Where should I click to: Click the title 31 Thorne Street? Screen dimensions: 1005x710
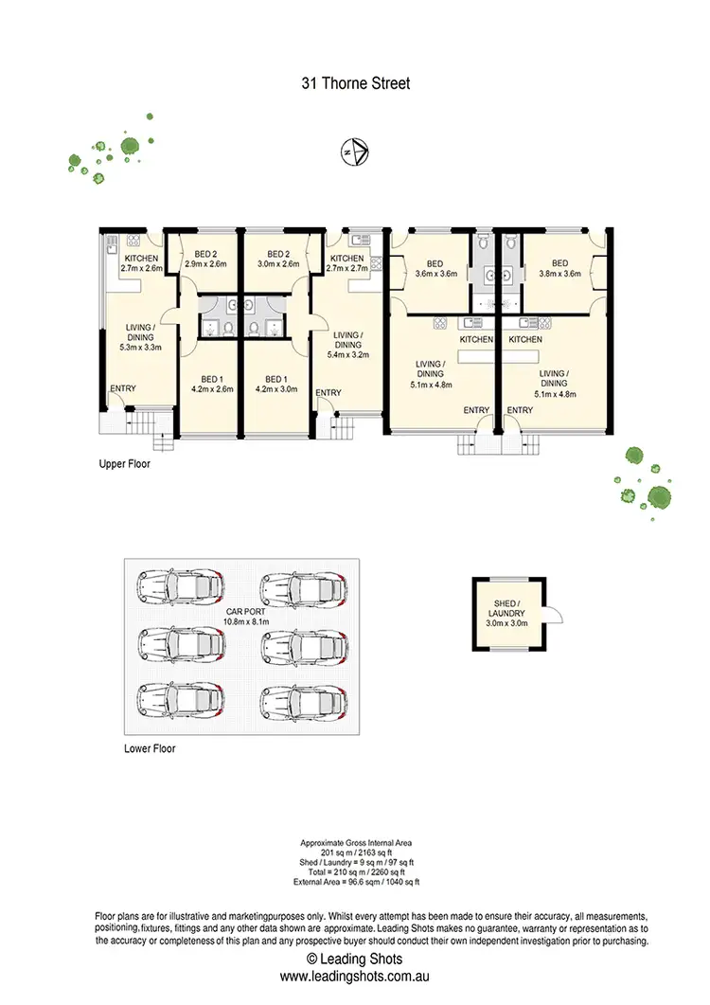[x=354, y=83]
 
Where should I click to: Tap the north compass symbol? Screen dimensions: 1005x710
[x=354, y=151]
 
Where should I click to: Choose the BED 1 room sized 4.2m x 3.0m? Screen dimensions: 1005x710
[x=276, y=383]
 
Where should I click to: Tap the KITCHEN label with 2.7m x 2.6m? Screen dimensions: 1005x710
[x=141, y=263]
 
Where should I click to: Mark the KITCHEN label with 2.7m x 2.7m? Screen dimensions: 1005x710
[x=346, y=263]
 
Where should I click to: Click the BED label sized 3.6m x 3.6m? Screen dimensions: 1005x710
[x=435, y=268]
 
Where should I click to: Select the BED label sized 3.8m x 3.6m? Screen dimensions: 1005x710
[x=559, y=268]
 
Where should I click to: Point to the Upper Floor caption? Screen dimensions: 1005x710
[x=124, y=465]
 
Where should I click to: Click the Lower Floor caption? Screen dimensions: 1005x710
[x=150, y=748]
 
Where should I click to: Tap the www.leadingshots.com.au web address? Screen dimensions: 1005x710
[x=355, y=975]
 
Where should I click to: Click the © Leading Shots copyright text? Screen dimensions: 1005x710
[x=355, y=960]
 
